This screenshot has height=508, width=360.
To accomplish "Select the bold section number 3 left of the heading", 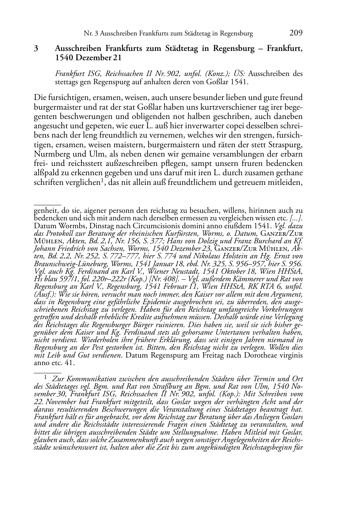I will coord(36,49).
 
